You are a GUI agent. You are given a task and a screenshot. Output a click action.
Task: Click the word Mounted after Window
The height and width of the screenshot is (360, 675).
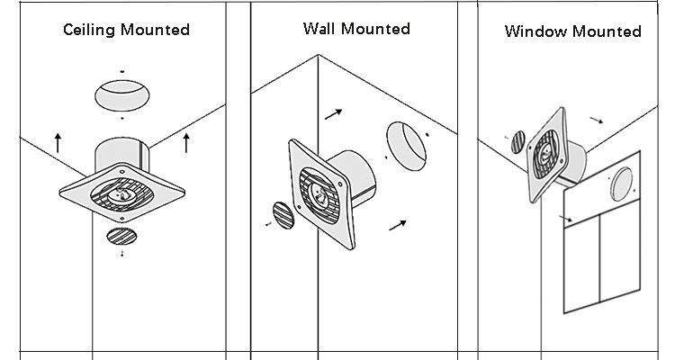(x=609, y=31)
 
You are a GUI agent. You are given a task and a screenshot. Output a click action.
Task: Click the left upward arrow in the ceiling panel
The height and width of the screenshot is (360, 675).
(x=58, y=141)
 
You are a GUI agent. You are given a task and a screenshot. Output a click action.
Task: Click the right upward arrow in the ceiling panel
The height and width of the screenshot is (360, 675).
(x=186, y=141)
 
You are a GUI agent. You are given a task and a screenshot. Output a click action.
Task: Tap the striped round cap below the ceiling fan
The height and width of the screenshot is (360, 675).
(x=121, y=237)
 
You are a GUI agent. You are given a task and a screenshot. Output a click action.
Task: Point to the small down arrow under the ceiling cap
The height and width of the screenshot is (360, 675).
(x=122, y=256)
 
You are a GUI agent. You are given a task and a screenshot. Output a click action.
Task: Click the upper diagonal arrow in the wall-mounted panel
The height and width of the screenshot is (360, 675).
(x=333, y=113)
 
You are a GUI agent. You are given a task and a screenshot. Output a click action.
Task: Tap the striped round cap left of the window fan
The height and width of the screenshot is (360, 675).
(x=517, y=142)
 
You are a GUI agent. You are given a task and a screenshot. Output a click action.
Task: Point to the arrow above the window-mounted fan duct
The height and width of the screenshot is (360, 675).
(x=596, y=118)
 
